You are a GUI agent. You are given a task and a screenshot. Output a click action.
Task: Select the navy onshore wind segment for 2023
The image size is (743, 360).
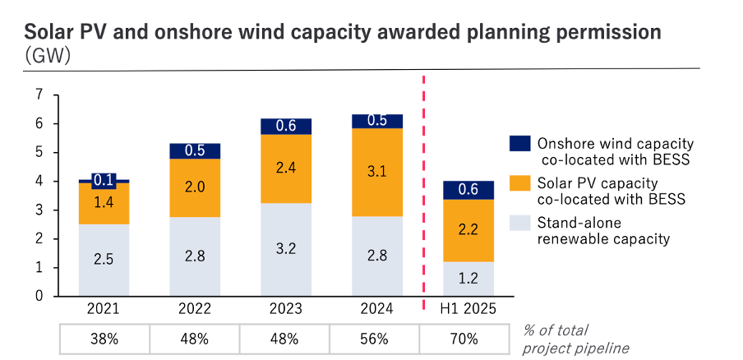pos(286,126)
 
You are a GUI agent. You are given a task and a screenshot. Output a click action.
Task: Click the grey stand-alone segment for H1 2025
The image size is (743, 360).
pos(468,279)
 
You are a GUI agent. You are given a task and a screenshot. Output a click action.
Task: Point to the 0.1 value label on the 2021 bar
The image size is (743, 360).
pos(104,180)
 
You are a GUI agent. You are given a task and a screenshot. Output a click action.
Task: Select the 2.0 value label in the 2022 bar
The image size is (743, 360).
pos(195,187)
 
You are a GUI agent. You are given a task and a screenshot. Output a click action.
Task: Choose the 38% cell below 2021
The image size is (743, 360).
pos(104,338)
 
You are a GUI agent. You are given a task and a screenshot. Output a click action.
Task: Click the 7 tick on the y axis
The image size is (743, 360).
pos(39,95)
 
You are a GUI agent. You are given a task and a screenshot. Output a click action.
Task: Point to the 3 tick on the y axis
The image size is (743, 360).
pos(39,210)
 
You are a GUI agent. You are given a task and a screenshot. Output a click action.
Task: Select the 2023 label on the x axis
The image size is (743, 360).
pos(286,310)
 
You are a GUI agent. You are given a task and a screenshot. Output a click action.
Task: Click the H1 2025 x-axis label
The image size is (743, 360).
pos(468,310)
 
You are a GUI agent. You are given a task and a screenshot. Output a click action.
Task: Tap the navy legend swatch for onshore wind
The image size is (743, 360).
pos(519,143)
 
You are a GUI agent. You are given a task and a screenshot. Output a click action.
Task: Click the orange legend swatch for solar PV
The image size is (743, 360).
pos(519,182)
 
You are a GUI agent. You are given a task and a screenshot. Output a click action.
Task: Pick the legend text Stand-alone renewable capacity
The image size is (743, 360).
pos(604,230)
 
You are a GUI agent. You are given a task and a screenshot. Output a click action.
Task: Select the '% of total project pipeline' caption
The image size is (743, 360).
pos(575,339)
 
